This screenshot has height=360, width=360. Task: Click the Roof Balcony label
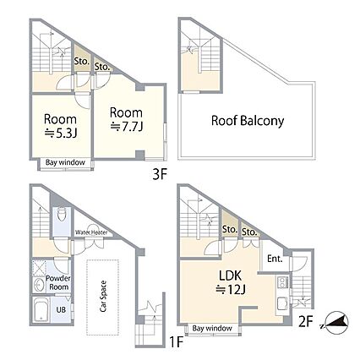coord(248,121)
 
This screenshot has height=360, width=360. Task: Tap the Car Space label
coord(103,297)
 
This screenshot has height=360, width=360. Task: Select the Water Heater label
coord(91,232)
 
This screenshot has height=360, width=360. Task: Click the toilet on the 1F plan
coord(62,215)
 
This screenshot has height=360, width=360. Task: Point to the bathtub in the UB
coord(41,310)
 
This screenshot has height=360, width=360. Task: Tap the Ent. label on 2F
coord(275,259)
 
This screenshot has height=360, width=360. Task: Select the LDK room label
coord(231,275)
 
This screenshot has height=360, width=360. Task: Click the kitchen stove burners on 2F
coord(282,282)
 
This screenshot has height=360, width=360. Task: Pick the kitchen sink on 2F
coord(282,303)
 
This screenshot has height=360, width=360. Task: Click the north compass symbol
coord(336,323)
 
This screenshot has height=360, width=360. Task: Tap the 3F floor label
coord(160,175)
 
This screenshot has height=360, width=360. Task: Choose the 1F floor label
coord(177,342)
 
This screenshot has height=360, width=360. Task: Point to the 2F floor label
coord(306,322)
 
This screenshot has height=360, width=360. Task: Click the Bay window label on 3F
coord(65,162)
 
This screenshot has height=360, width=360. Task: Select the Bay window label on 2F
coord(212,328)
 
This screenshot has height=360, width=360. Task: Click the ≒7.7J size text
coord(127,127)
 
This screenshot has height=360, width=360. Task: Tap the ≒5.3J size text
coord(61,134)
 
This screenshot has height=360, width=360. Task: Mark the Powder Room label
coord(58,283)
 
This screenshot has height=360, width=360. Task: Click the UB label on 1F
coord(61,309)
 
